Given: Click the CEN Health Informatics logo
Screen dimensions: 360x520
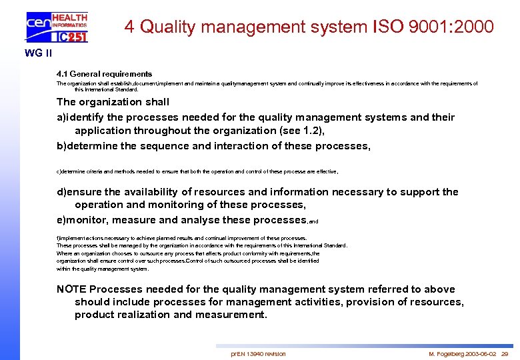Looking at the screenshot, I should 56,27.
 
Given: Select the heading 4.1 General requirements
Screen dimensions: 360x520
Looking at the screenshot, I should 104,74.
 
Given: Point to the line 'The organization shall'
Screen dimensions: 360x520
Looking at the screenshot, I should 113,102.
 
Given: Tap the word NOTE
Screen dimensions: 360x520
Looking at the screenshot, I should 71,289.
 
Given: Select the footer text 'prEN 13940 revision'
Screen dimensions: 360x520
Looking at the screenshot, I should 258,353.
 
